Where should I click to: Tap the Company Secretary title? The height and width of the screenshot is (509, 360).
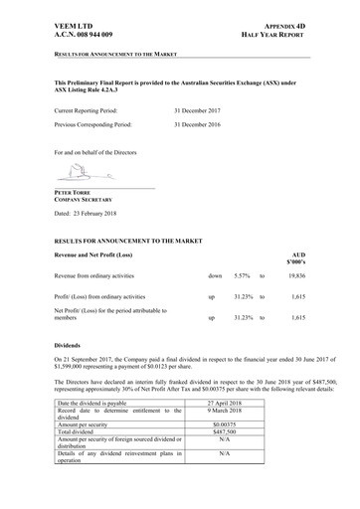tap(86, 200)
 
